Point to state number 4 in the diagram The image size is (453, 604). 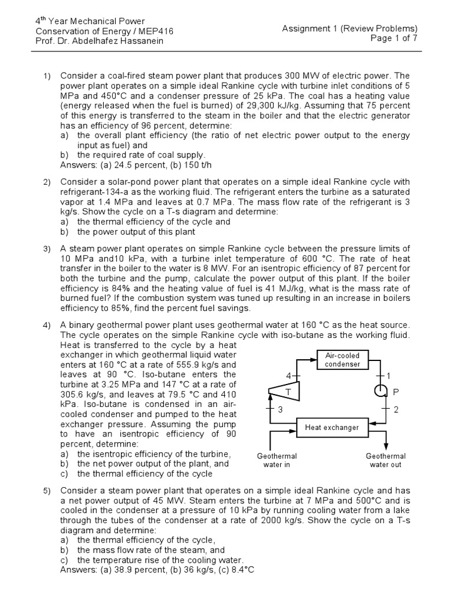click(288, 375)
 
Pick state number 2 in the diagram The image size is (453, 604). click(396, 409)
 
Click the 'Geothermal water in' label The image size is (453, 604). click(277, 460)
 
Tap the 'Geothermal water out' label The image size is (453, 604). click(385, 460)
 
